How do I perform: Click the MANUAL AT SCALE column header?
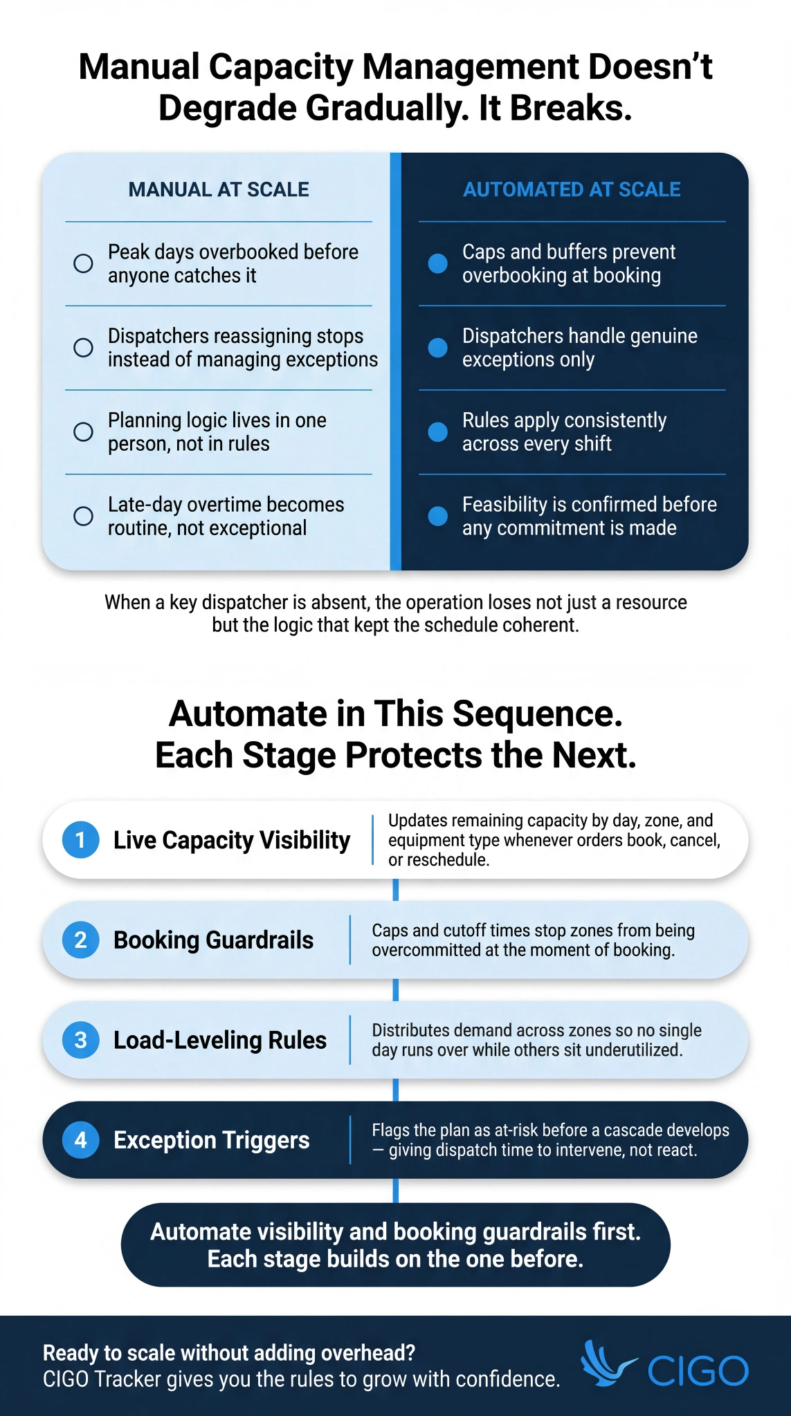click(219, 189)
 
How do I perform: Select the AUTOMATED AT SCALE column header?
click(572, 189)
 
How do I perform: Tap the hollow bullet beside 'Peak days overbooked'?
click(83, 263)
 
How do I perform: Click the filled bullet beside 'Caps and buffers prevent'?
click(437, 263)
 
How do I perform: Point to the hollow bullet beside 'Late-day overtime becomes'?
click(83, 516)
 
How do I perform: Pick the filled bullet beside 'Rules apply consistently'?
click(437, 431)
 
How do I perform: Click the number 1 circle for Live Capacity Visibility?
click(80, 839)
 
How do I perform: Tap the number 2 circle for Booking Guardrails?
click(80, 940)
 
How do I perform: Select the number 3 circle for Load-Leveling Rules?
click(80, 1040)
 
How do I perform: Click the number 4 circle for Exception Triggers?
click(80, 1139)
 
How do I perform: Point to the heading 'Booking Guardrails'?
click(213, 940)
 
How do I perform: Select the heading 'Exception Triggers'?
click(211, 1139)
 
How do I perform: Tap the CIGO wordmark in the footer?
click(698, 1370)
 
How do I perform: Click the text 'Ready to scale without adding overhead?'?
click(229, 1352)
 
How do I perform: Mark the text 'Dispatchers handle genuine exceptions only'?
click(579, 347)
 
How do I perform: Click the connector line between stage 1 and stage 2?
click(395, 890)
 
